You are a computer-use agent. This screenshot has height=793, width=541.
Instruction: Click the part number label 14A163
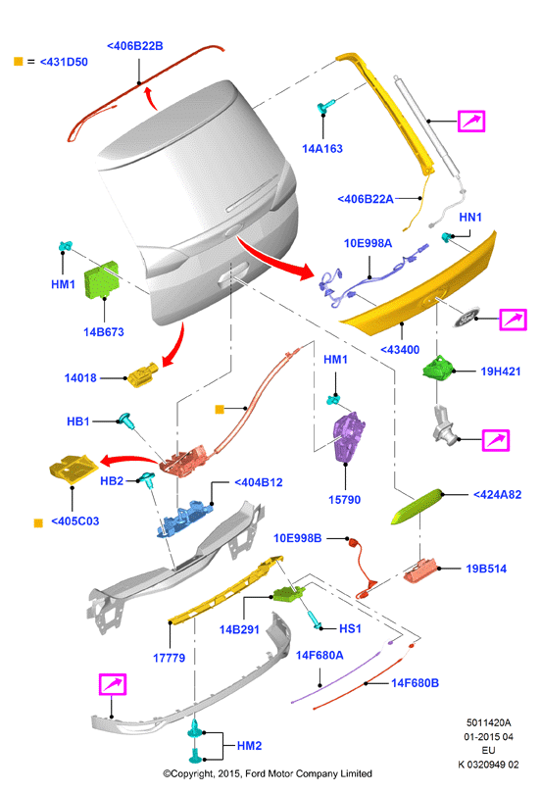[322, 149]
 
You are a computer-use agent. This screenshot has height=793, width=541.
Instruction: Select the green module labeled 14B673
[102, 279]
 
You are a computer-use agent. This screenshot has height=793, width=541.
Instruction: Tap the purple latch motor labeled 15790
[348, 436]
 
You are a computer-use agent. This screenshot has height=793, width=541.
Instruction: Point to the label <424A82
[497, 495]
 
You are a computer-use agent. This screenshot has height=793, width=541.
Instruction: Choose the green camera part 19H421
[438, 368]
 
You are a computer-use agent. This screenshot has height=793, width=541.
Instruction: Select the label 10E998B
[297, 538]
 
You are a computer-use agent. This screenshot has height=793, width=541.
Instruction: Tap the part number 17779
[169, 658]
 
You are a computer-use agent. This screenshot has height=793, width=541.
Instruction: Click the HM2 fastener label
[249, 746]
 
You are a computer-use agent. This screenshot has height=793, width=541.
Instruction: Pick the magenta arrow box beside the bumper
[113, 684]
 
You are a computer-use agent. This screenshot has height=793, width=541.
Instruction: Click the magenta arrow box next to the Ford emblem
[513, 320]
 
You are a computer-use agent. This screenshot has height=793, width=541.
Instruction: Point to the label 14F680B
[415, 683]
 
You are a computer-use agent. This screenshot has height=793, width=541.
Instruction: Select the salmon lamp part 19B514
[420, 570]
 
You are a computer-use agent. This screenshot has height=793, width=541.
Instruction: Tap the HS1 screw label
[350, 628]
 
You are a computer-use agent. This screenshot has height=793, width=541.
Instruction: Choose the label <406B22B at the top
[135, 46]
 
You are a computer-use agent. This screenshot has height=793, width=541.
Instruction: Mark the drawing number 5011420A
[488, 723]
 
